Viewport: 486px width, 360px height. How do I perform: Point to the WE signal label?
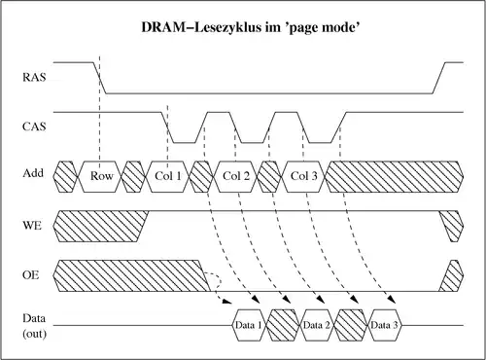tap(33, 225)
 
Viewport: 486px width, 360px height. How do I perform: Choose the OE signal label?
tap(33, 275)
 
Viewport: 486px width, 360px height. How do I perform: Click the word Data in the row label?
tap(33, 319)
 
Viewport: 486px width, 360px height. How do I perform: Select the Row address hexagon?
tap(102, 176)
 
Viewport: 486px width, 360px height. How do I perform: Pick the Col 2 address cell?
tap(237, 176)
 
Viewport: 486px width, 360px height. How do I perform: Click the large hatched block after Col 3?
tap(394, 176)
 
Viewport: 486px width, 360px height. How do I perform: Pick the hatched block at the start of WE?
tap(97, 226)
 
